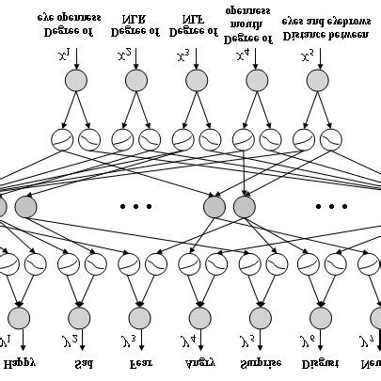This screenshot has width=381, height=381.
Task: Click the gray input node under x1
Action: tap(76, 82)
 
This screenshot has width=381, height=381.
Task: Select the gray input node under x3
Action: tap(196, 82)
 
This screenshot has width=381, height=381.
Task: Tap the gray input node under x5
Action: tap(314, 82)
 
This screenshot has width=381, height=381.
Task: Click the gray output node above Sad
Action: tap(79, 317)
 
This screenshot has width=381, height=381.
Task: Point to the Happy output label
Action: tap(20, 362)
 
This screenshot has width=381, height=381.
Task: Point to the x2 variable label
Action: tap(125, 56)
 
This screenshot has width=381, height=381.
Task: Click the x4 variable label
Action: tap(243, 56)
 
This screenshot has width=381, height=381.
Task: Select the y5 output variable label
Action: tap(247, 341)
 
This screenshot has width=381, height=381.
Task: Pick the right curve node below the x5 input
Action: tap(329, 140)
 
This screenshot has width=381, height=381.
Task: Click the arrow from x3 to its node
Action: tap(196, 62)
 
